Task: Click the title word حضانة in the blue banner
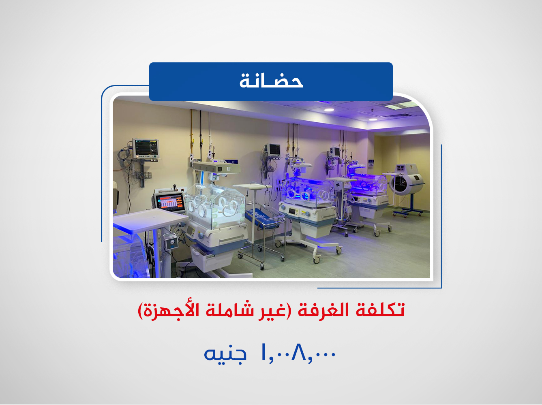[x=271, y=81]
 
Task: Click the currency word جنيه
[x=225, y=354]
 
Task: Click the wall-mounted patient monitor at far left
[x=146, y=149]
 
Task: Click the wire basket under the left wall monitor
[x=143, y=175]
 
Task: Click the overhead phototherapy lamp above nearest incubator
[x=216, y=167]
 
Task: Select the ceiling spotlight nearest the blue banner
[x=329, y=110]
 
